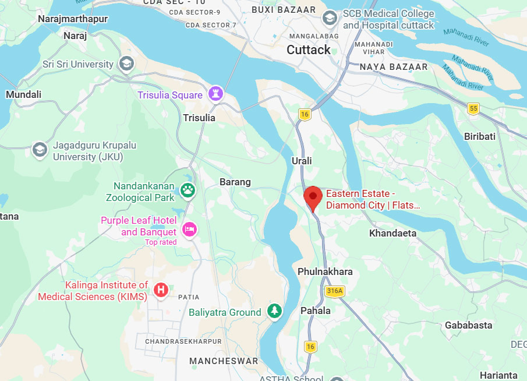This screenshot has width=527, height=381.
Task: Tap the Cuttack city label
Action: [309, 50]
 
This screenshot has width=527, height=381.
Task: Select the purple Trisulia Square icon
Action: [216, 94]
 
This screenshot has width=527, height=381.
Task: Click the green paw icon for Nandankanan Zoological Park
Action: [188, 189]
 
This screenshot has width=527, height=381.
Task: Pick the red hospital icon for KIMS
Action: [161, 290]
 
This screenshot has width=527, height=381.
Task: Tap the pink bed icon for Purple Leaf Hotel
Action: [189, 229]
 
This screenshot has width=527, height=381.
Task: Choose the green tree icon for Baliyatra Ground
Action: [274, 311]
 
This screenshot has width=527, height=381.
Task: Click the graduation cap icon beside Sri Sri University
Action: [126, 63]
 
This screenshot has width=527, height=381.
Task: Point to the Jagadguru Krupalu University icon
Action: [40, 149]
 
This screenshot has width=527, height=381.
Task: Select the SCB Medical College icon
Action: [330, 18]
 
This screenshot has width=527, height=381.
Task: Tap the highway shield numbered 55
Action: [473, 108]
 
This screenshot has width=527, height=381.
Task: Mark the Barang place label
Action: [235, 182]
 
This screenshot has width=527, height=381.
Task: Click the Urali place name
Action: [302, 161]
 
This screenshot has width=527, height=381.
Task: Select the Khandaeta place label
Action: [393, 234]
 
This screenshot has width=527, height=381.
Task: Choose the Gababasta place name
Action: [469, 325]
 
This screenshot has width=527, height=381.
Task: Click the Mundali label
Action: [23, 94]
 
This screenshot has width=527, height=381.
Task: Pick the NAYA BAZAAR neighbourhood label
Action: [394, 67]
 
